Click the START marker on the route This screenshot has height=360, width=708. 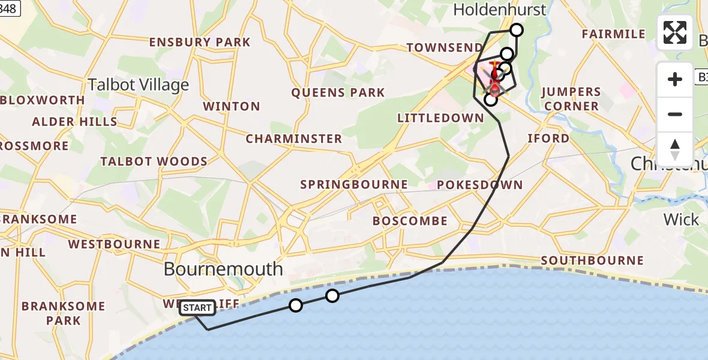(197, 308)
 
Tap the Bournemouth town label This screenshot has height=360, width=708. (223, 269)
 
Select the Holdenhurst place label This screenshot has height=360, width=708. (500, 10)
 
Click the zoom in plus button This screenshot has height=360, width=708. (675, 79)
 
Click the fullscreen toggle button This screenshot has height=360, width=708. (675, 32)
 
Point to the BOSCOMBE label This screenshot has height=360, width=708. (410, 221)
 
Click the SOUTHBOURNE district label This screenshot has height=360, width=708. (592, 260)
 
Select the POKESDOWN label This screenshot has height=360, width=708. (480, 185)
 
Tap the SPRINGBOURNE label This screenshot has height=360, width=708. (354, 185)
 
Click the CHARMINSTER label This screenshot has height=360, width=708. (294, 139)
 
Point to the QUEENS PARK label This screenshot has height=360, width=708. (338, 92)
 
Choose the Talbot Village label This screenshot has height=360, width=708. (139, 85)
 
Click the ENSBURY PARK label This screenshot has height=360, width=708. (200, 42)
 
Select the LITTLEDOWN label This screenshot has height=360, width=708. (440, 118)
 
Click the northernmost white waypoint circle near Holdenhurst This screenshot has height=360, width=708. (516, 30)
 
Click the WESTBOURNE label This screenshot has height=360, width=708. (114, 244)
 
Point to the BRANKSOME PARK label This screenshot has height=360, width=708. (64, 313)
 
